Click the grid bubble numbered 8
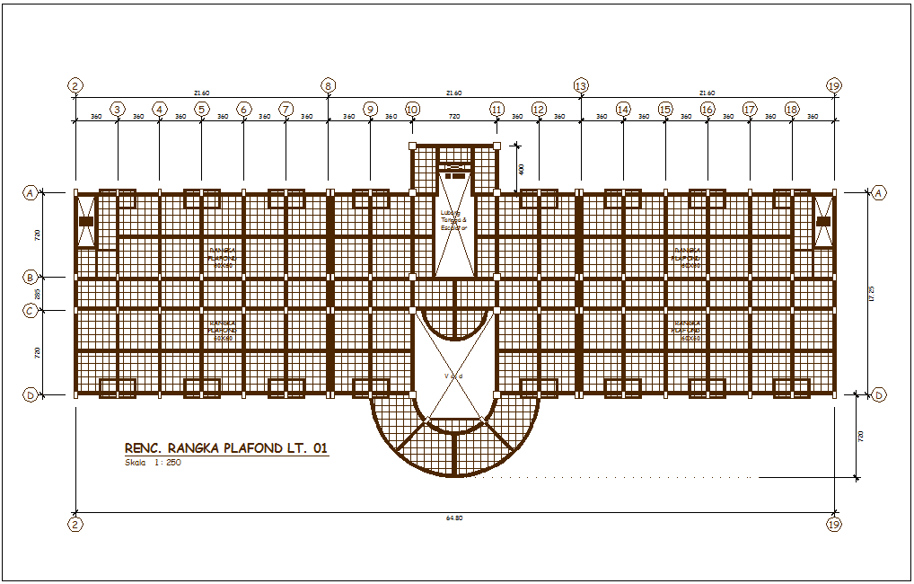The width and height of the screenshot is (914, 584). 328,86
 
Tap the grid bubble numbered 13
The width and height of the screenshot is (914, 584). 581,86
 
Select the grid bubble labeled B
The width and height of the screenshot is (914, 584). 31,278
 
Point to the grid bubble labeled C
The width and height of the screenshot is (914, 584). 31,311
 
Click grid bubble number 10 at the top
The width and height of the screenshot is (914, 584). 412,110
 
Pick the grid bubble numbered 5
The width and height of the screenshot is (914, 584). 201,110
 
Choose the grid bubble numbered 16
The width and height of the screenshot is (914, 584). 707,110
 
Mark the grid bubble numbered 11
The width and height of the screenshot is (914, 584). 497,110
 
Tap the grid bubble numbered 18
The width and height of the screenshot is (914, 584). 792,110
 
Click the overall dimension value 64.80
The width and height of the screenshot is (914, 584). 454,518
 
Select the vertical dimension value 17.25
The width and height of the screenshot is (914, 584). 873,294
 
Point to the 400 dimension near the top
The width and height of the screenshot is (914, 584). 521,168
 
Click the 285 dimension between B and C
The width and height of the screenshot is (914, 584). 38,295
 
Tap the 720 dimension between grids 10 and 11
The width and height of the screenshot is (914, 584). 454,117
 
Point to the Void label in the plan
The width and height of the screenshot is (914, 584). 453,376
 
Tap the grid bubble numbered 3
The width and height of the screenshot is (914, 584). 117,110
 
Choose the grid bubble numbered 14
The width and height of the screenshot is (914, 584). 623,110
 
